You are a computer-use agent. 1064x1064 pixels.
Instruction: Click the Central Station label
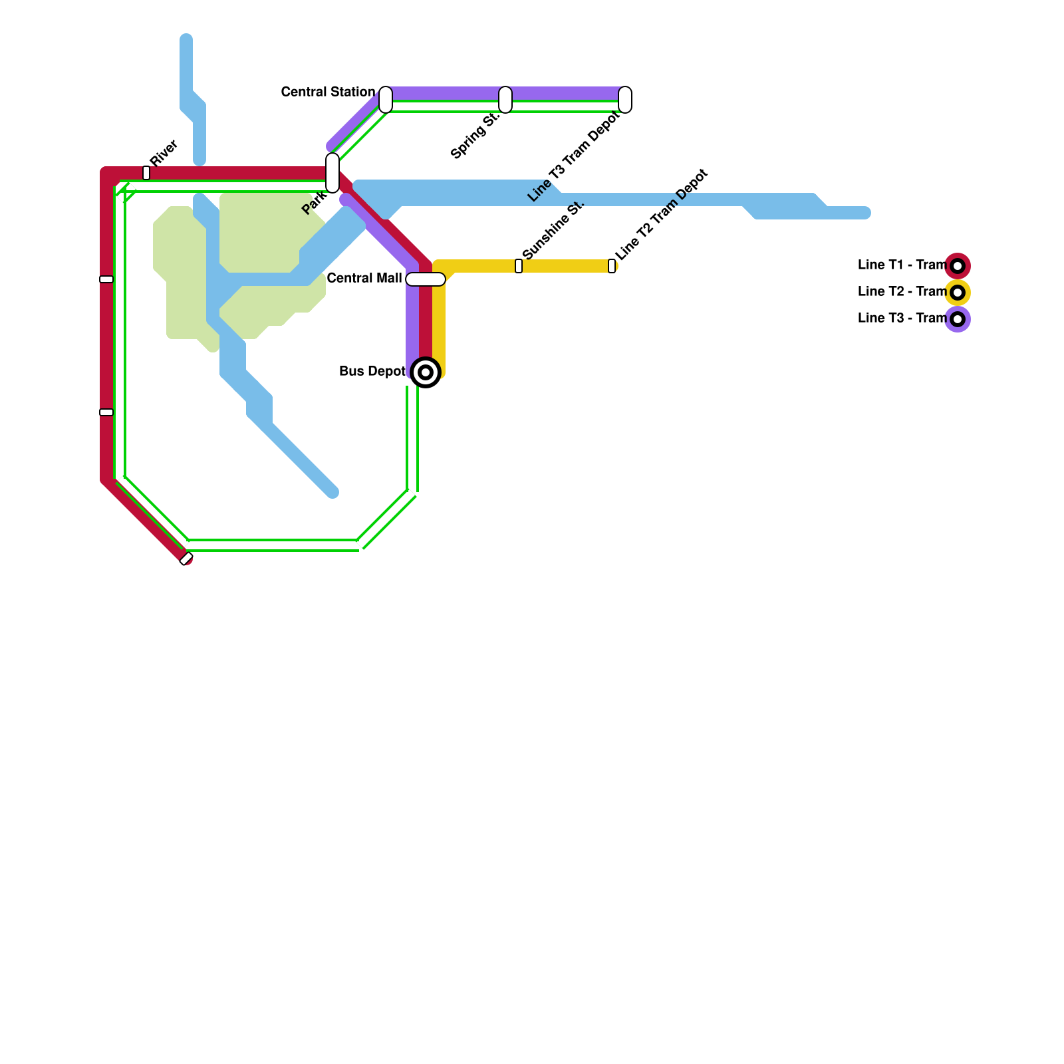pyautogui.click(x=328, y=92)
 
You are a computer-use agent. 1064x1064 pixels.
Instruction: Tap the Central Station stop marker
pyautogui.click(x=386, y=100)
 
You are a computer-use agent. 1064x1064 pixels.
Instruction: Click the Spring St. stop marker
pyautogui.click(x=505, y=100)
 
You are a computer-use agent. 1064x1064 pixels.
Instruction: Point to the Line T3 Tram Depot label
pyautogui.click(x=574, y=156)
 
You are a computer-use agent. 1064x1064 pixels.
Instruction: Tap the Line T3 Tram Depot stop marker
pyautogui.click(x=625, y=100)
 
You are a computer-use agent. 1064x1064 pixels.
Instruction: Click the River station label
pyautogui.click(x=164, y=153)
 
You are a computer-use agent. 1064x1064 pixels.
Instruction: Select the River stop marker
pyautogui.click(x=146, y=173)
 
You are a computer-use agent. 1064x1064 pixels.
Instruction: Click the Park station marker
pyautogui.click(x=332, y=173)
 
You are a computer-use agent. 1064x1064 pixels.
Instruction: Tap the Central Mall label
pyautogui.click(x=364, y=278)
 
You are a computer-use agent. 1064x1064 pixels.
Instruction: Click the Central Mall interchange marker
pyautogui.click(x=426, y=279)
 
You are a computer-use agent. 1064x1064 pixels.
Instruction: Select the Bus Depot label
pyautogui.click(x=372, y=371)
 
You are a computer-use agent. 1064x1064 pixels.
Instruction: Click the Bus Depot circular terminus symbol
pyautogui.click(x=426, y=372)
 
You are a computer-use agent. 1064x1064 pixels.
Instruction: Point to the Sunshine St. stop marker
pyautogui.click(x=519, y=266)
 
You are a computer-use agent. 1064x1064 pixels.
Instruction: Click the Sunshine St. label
pyautogui.click(x=553, y=229)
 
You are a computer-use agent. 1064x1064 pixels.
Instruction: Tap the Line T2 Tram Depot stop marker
pyautogui.click(x=612, y=266)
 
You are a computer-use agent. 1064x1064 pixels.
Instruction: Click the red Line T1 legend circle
pyautogui.click(x=958, y=266)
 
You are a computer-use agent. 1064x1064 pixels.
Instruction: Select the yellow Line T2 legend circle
pyautogui.click(x=958, y=293)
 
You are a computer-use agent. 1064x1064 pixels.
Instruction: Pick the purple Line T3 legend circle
pyautogui.click(x=958, y=319)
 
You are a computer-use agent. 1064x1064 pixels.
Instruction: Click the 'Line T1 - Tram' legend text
pyautogui.click(x=902, y=265)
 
